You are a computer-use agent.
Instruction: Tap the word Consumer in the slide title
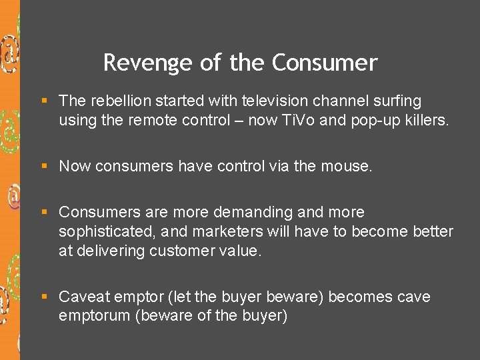coord(325,63)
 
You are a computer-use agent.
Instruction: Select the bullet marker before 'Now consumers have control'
coord(44,166)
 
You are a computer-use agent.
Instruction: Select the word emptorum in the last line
coord(94,316)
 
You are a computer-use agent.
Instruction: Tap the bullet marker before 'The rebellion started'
coord(44,101)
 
